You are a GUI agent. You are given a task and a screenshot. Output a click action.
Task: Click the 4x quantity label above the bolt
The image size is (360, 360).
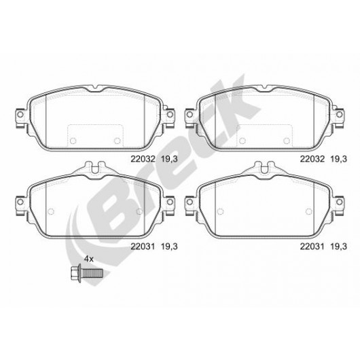(88, 259)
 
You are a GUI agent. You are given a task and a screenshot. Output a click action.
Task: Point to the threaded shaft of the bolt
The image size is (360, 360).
(92, 273)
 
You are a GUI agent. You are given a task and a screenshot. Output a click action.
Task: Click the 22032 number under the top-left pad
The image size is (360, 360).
(143, 159)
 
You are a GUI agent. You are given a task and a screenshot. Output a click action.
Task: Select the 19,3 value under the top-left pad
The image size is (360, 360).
(169, 159)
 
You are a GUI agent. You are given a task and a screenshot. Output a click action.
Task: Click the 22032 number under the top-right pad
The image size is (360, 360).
(312, 159)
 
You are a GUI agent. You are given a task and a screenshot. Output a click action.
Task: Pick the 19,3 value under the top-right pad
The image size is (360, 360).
(339, 159)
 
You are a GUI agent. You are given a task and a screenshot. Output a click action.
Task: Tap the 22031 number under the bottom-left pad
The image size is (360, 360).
(143, 247)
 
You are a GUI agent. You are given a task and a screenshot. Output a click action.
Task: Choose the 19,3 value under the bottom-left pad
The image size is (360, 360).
(169, 247)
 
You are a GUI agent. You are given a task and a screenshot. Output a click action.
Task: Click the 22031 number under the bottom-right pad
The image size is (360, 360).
(312, 247)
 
